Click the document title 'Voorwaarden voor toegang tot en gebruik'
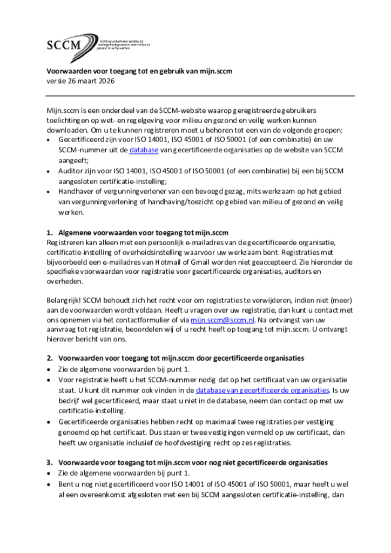pos(139,71)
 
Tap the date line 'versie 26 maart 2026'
pos(80,81)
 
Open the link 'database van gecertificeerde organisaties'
pos(262,390)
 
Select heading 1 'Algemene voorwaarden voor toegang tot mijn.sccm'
pos(144,233)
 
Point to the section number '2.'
pos(50,358)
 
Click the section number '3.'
pos(50,462)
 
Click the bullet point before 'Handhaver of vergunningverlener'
pos(49,191)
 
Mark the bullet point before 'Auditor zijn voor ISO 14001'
pos(49,171)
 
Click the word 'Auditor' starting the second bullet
pos(71,171)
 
